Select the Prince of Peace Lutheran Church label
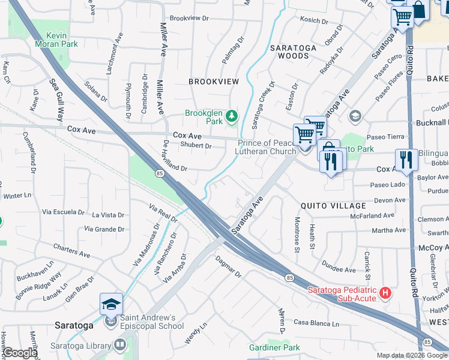point(267,147)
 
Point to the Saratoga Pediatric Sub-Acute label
point(342,293)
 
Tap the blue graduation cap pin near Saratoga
point(112,305)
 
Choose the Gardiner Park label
point(274,347)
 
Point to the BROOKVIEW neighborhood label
point(214,81)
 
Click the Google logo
point(20,353)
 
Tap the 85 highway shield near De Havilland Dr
point(159,173)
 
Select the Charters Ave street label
point(71,251)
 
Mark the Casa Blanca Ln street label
point(316,323)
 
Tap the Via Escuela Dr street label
point(63,212)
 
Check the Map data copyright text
point(412,355)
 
